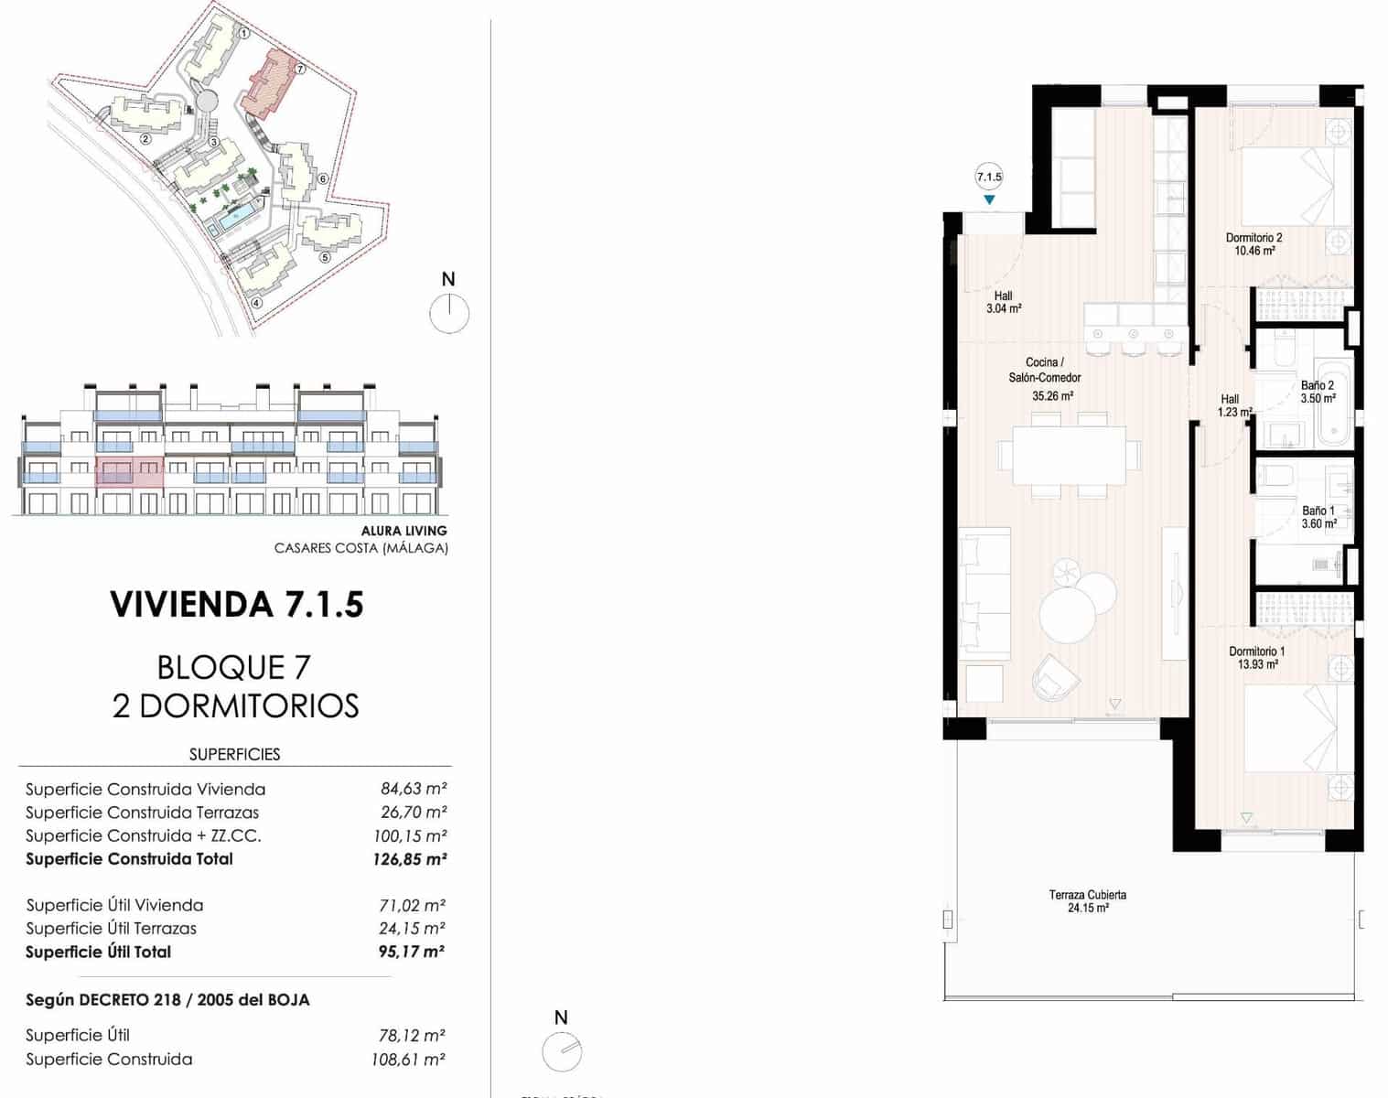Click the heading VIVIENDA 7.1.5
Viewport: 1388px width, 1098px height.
click(236, 605)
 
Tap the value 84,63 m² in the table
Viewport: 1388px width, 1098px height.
click(414, 789)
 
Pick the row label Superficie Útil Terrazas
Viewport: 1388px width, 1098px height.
click(111, 928)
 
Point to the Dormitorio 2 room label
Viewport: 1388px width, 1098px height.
click(1254, 243)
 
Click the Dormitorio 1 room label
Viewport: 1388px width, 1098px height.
click(1256, 658)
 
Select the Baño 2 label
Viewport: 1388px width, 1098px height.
click(1318, 392)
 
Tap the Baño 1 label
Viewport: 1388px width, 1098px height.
click(1318, 517)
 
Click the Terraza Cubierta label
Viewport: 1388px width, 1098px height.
click(1087, 901)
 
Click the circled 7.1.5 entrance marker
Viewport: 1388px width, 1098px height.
click(989, 178)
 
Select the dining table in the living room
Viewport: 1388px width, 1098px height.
click(1069, 455)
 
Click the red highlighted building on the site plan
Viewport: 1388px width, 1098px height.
click(270, 83)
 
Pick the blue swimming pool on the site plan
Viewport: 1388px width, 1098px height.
click(237, 217)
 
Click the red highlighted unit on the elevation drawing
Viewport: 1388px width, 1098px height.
click(129, 473)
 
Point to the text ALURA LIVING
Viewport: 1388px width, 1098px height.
click(403, 531)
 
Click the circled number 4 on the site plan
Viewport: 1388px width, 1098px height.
click(256, 303)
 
